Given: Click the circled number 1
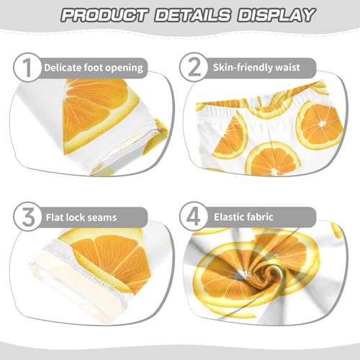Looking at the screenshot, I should pos(26,68).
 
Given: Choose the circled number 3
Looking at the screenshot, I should pos(26,217).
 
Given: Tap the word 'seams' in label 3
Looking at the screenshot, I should pos(103,217).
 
